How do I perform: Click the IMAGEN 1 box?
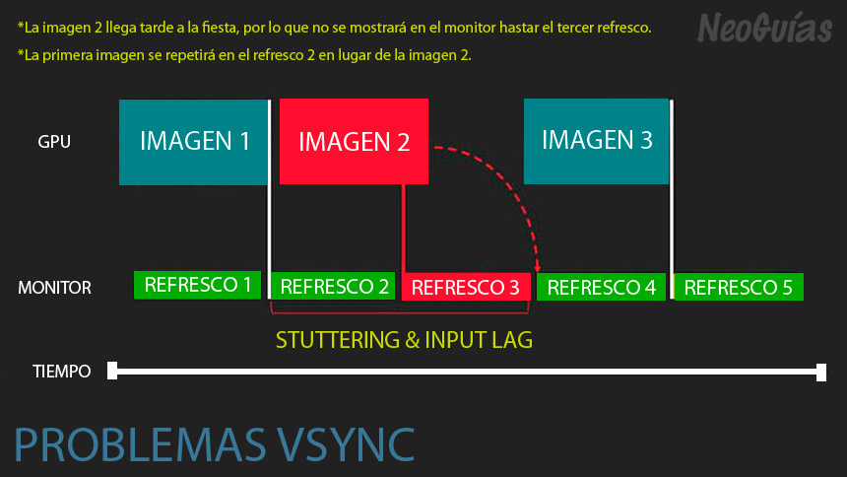pyautogui.click(x=193, y=142)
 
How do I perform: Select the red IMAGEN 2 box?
pyautogui.click(x=354, y=141)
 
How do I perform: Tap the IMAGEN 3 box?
pyautogui.click(x=597, y=141)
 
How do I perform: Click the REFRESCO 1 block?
pyautogui.click(x=197, y=285)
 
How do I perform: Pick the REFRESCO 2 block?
pyautogui.click(x=333, y=286)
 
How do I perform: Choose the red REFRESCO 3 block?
pyautogui.click(x=466, y=287)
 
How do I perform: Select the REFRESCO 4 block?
pyautogui.click(x=601, y=287)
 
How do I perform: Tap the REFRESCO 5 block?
pyautogui.click(x=739, y=287)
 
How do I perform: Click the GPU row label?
pyautogui.click(x=54, y=142)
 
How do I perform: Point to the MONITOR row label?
pyautogui.click(x=54, y=287)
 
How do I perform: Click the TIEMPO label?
pyautogui.click(x=62, y=372)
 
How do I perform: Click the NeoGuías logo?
pyautogui.click(x=764, y=29)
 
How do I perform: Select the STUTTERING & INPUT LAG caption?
pyautogui.click(x=404, y=340)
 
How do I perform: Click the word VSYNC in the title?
pyautogui.click(x=346, y=444)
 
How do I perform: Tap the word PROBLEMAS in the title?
pyautogui.click(x=140, y=444)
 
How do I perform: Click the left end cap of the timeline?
pyautogui.click(x=112, y=371)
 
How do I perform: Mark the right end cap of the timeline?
pyautogui.click(x=821, y=373)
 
